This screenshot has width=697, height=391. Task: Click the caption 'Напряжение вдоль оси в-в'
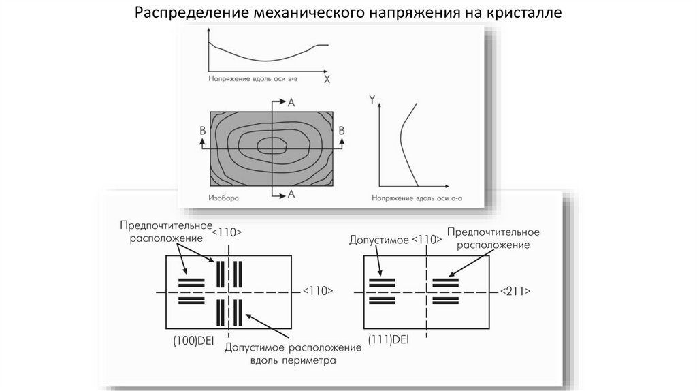[253, 79]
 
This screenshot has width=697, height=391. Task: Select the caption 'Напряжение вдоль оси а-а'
[417, 198]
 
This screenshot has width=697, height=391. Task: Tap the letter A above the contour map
[291, 102]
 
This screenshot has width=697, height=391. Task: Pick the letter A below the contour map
[291, 194]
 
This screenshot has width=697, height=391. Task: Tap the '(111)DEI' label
[388, 339]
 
